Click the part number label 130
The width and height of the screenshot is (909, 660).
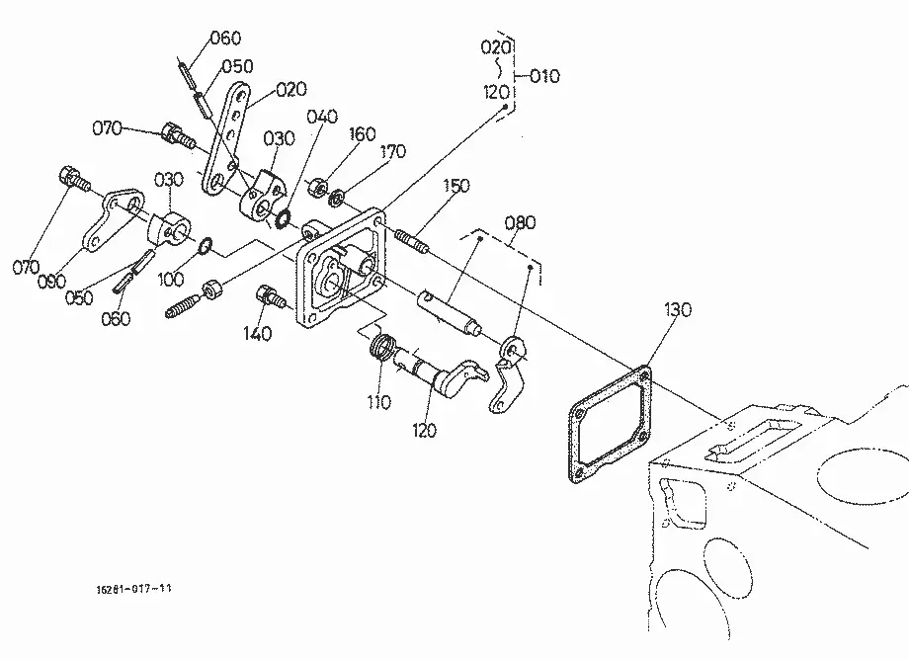[677, 310]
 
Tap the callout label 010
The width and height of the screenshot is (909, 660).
[544, 76]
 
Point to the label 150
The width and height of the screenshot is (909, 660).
[456, 186]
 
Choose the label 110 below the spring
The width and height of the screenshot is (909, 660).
[378, 401]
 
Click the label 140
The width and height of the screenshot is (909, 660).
[257, 334]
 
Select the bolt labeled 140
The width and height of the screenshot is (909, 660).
[270, 296]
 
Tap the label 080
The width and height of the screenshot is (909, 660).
[520, 222]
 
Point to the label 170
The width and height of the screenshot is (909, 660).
[392, 152]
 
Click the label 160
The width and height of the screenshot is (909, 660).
[362, 133]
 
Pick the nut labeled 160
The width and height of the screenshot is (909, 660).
[316, 187]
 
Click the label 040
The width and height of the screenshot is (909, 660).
[322, 117]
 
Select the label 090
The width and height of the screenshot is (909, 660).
[51, 282]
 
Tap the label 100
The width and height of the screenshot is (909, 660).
[170, 280]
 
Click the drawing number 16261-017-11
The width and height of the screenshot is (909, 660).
[134, 589]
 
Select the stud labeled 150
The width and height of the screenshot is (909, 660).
[412, 242]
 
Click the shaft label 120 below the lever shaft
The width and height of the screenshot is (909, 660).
[424, 431]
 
